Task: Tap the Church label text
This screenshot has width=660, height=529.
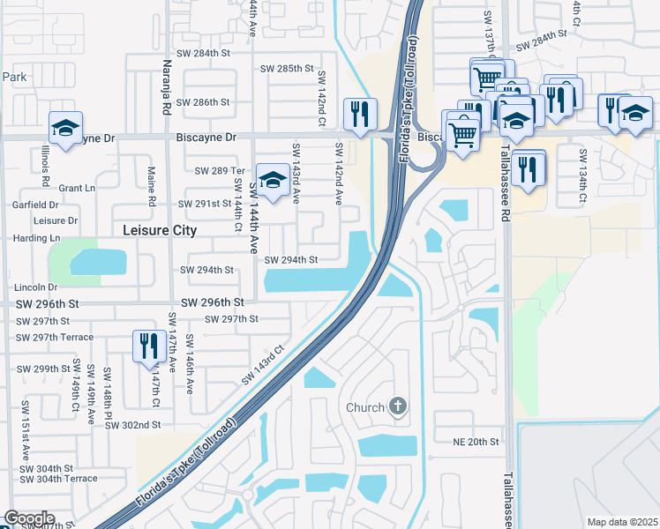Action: [x=365, y=407]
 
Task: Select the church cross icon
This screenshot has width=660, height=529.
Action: [x=398, y=406]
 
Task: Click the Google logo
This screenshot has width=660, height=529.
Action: [x=29, y=518]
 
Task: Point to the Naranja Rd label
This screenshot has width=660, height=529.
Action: [x=167, y=86]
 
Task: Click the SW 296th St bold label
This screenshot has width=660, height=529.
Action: [x=212, y=302]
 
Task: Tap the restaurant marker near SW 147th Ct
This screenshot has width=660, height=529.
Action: [x=147, y=346]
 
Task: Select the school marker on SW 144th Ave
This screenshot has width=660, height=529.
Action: [x=273, y=181]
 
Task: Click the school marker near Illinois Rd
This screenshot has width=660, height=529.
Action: [x=65, y=129]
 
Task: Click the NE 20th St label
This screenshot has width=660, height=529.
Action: [x=476, y=442]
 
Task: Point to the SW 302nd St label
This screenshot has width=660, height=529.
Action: [x=132, y=424]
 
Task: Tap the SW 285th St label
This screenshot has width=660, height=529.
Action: [x=288, y=69]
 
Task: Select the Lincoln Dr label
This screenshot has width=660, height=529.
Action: [x=35, y=287]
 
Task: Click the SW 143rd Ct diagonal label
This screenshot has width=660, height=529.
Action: [x=265, y=364]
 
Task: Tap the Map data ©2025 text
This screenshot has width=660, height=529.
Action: [x=622, y=522]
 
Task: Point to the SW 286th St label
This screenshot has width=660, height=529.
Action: [x=205, y=102]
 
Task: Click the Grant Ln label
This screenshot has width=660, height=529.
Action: [x=77, y=188]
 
